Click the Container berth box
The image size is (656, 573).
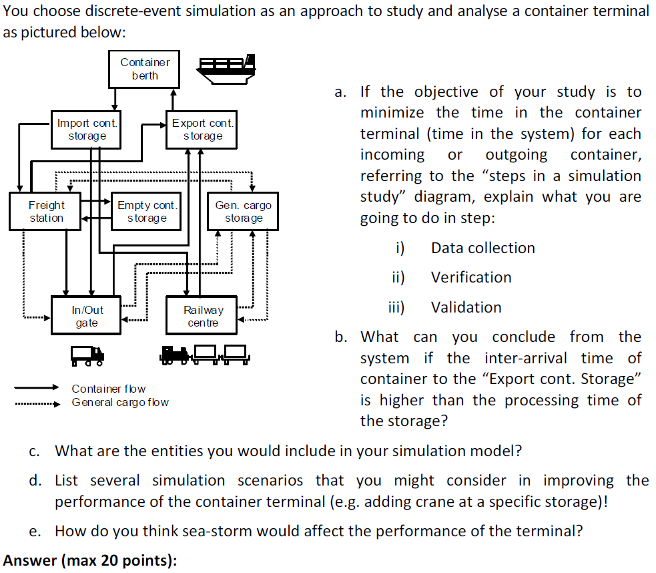[145, 69]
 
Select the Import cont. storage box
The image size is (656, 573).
[87, 130]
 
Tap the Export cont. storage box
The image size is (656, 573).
[203, 130]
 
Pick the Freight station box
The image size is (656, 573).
[46, 212]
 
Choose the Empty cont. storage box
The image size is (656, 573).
[147, 212]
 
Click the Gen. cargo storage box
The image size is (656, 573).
[243, 212]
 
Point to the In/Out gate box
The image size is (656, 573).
[87, 317]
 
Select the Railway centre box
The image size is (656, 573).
[203, 317]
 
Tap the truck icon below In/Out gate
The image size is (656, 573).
[87, 355]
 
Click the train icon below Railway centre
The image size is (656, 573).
[204, 355]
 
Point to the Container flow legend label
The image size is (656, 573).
[108, 389]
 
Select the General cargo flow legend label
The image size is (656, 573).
[120, 402]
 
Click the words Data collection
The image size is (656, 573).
[482, 248]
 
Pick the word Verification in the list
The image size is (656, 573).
[471, 277]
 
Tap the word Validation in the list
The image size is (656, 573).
[466, 307]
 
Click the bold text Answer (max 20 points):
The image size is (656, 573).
[91, 560]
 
